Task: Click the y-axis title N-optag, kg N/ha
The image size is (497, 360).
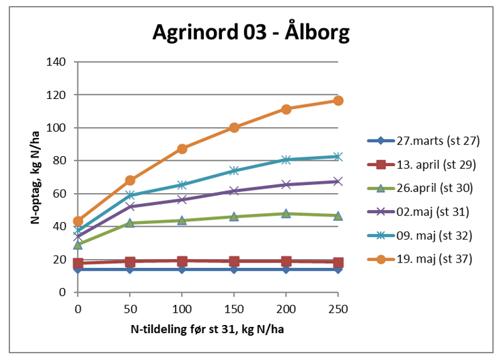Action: (34, 176)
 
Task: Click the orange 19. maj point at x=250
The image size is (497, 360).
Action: (338, 100)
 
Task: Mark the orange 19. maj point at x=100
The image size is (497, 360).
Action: (182, 149)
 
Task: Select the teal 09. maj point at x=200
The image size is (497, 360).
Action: (286, 159)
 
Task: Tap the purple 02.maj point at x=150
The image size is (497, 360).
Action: (233, 191)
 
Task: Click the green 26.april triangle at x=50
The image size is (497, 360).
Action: (130, 223)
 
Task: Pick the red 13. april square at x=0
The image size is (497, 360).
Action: (78, 264)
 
